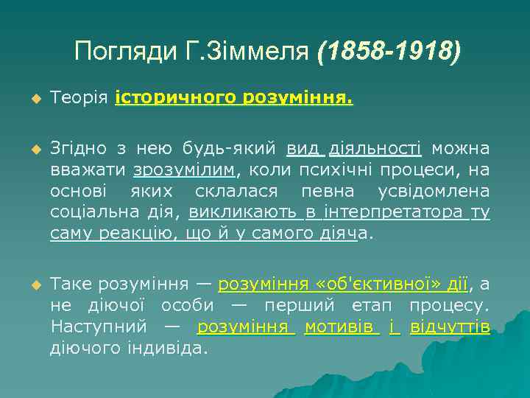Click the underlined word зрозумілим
tap(184, 170)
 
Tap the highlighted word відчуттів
tap(449, 327)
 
